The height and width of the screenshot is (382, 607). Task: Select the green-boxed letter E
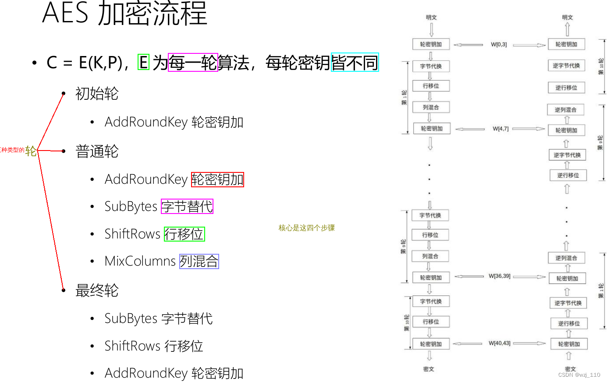pyautogui.click(x=143, y=62)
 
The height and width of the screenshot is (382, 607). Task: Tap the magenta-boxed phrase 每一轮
pyautogui.click(x=193, y=62)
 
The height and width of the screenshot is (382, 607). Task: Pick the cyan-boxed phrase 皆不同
pyautogui.click(x=355, y=62)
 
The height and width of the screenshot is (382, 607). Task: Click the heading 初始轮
pyautogui.click(x=97, y=94)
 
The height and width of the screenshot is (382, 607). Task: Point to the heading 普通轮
pyautogui.click(x=97, y=151)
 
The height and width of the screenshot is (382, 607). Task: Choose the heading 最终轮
pyautogui.click(x=97, y=291)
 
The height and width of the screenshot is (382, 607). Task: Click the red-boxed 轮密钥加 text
pyautogui.click(x=217, y=179)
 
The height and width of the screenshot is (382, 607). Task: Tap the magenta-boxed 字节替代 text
pyautogui.click(x=187, y=207)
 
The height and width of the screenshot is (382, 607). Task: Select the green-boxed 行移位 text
pyautogui.click(x=184, y=234)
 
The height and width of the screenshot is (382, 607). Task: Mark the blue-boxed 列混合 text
pyautogui.click(x=199, y=261)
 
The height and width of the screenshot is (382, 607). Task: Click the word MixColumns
pyautogui.click(x=140, y=261)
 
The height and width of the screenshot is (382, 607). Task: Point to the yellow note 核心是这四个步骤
pyautogui.click(x=306, y=228)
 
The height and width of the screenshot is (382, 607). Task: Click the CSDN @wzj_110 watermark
pyautogui.click(x=579, y=375)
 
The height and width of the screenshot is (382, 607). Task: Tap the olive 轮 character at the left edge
pyautogui.click(x=31, y=151)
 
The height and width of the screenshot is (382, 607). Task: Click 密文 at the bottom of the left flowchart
pyautogui.click(x=429, y=369)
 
